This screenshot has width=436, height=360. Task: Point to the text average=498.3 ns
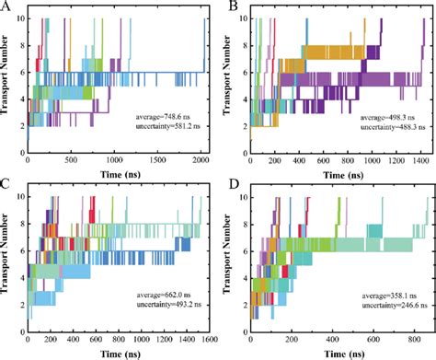(370, 118)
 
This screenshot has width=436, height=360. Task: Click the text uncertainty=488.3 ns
(370, 129)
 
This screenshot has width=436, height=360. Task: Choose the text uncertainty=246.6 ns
(368, 310)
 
